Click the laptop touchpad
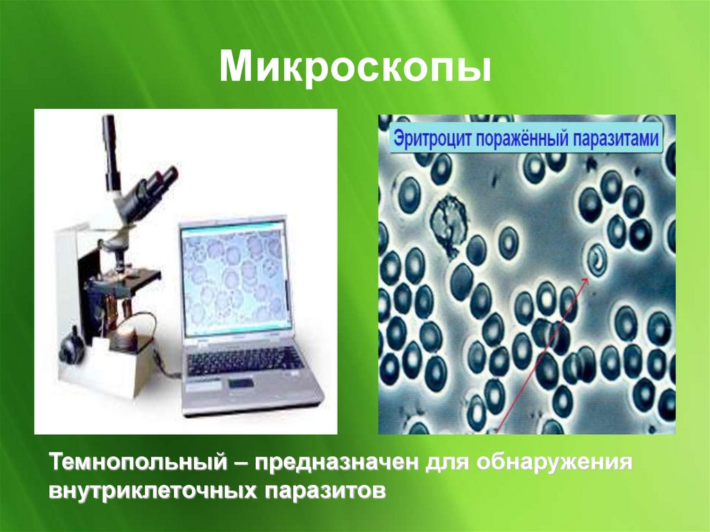pos(241,384)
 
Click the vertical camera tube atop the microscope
pos(110,149)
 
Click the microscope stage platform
pos(132,281)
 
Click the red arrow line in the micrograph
pos(541,347)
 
